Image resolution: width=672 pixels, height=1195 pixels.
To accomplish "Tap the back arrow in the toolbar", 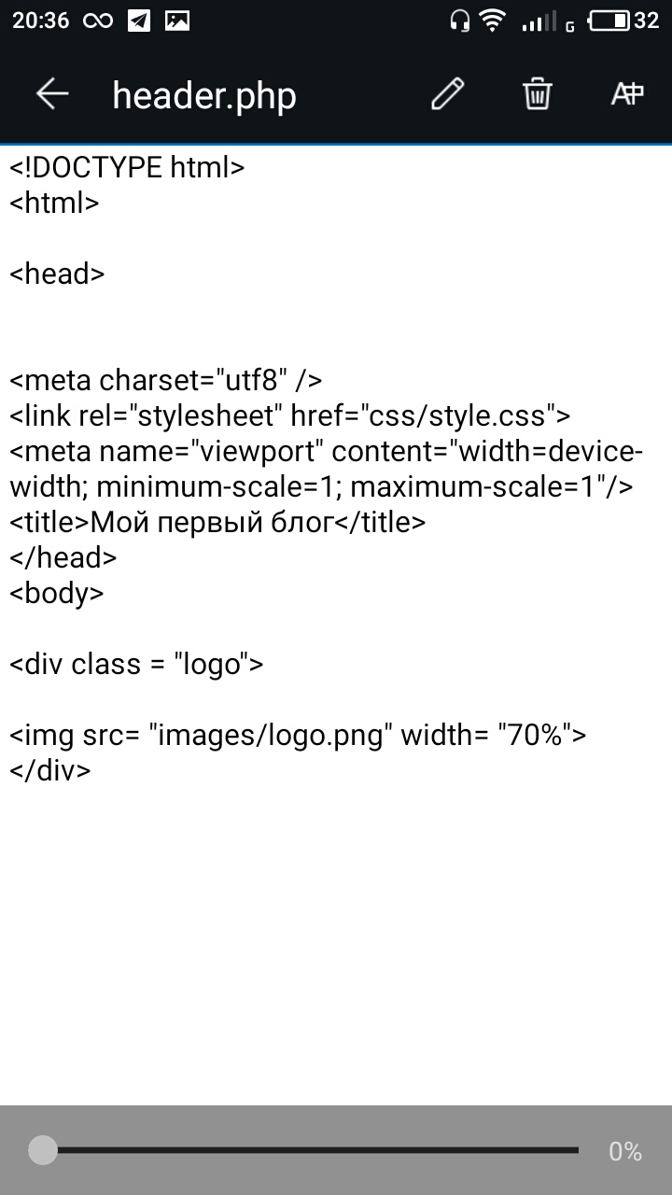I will (x=52, y=94).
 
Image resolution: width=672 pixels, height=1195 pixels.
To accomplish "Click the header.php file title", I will (x=204, y=95).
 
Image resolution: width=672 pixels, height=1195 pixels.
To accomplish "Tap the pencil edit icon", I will (x=447, y=94).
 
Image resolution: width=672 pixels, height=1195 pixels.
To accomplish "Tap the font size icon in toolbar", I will (x=627, y=94).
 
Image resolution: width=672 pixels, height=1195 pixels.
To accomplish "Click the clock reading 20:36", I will (x=40, y=21).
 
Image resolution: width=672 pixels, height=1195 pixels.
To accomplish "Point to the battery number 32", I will (x=646, y=21).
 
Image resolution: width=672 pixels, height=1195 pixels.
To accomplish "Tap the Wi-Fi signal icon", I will (x=491, y=21).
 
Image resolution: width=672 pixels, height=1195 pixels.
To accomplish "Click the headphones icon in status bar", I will (x=458, y=21).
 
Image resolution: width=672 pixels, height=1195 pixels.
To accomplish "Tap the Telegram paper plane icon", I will (x=139, y=21).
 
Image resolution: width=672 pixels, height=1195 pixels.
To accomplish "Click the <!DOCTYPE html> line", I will (x=127, y=168).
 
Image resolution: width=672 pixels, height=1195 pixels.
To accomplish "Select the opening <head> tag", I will (x=57, y=274).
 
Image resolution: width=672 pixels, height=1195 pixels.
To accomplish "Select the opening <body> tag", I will (x=57, y=593).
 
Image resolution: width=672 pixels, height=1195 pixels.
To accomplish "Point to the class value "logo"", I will (x=210, y=665).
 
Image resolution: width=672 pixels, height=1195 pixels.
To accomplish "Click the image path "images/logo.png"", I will (x=271, y=736).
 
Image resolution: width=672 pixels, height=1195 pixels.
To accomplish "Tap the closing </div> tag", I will (x=50, y=770).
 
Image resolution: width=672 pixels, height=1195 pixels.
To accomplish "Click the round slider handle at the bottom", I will (x=43, y=1150).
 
